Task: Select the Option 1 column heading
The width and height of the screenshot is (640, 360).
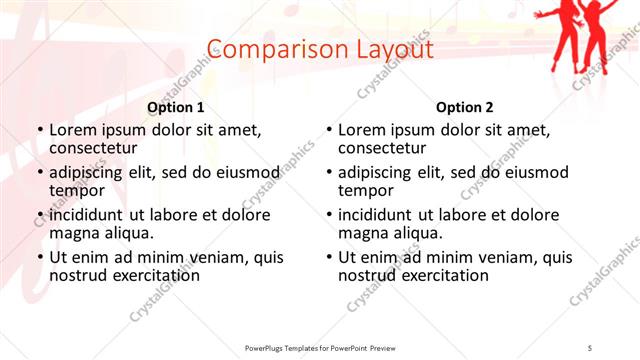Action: tap(176, 108)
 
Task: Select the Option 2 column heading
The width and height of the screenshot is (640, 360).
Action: tap(465, 108)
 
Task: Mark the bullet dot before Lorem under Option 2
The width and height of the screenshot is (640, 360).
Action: tap(329, 131)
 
